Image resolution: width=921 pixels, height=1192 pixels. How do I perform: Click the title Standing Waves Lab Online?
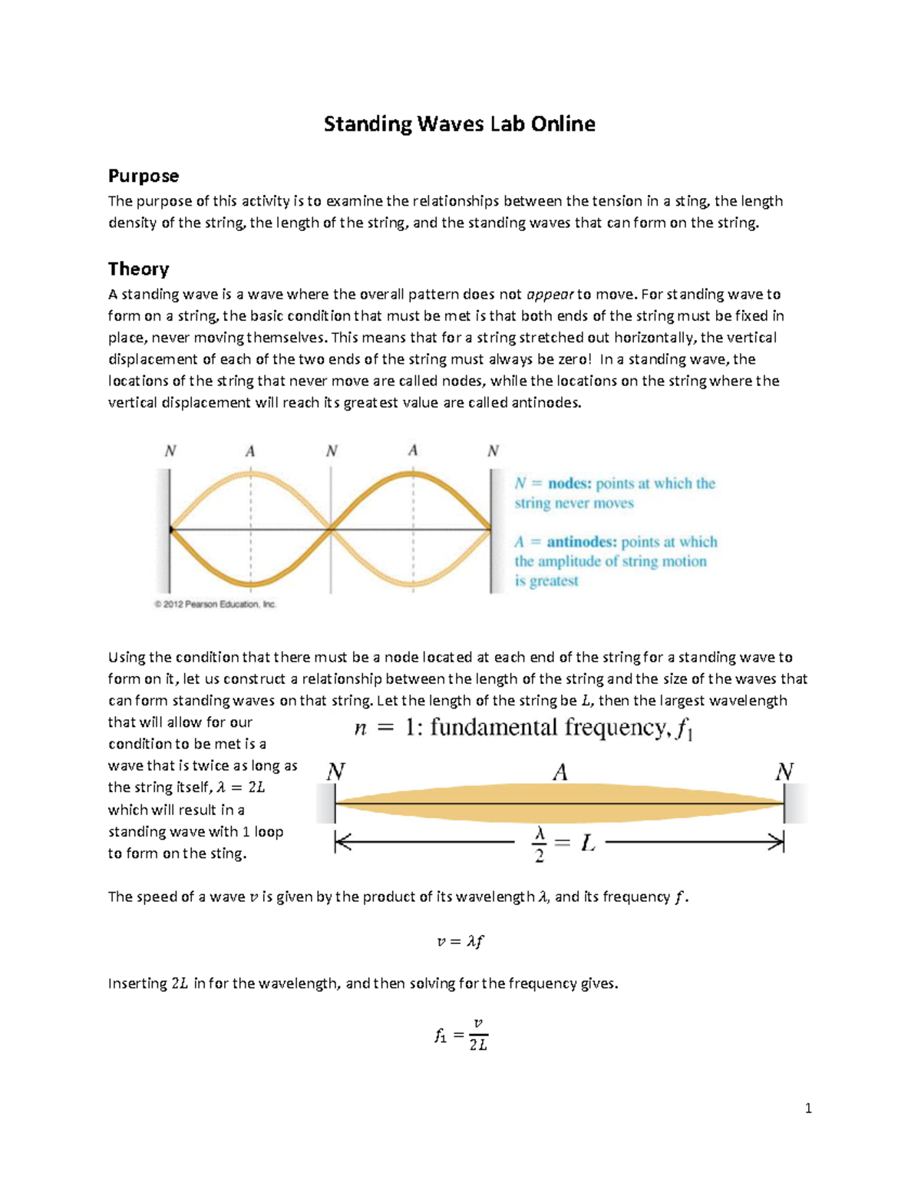click(x=459, y=124)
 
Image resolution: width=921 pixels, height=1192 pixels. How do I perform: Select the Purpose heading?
click(x=144, y=176)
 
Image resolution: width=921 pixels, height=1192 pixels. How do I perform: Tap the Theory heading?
click(x=138, y=269)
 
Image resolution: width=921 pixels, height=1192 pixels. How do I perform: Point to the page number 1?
click(x=808, y=1108)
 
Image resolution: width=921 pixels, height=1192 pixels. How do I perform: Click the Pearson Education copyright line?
click(x=215, y=604)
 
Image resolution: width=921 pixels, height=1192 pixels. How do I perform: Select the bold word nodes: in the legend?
click(x=569, y=484)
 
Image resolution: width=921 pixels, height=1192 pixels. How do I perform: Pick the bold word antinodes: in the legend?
click(x=582, y=542)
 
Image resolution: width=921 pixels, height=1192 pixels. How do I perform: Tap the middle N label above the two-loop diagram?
click(x=332, y=451)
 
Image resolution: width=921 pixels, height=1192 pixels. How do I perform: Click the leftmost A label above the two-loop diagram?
click(x=250, y=451)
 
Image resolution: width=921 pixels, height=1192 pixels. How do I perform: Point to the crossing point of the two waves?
click(x=331, y=529)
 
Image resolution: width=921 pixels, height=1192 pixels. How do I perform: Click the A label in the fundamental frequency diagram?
click(x=560, y=772)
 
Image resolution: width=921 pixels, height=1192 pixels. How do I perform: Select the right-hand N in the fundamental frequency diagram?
click(x=784, y=772)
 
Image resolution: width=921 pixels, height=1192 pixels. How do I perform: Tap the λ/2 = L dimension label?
click(x=563, y=844)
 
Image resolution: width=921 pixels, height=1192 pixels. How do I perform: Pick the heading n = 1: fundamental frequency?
click(x=523, y=728)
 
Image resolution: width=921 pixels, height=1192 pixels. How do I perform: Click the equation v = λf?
click(x=460, y=941)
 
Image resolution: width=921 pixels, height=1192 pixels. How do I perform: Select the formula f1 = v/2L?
click(x=460, y=1035)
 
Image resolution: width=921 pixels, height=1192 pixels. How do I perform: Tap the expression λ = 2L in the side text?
click(x=241, y=788)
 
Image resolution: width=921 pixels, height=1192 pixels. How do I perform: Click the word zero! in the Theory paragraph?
click(x=572, y=359)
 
